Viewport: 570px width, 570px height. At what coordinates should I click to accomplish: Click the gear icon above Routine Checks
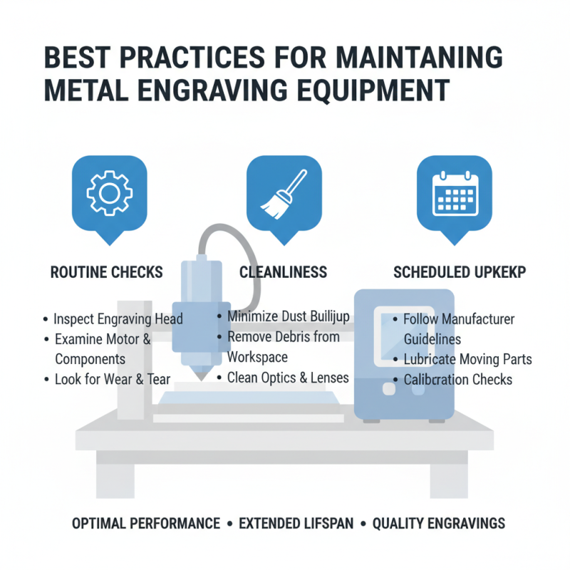click(x=110, y=192)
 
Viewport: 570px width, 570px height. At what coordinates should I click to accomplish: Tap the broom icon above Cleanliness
click(x=283, y=192)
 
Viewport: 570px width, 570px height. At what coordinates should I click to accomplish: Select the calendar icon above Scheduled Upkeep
click(x=455, y=192)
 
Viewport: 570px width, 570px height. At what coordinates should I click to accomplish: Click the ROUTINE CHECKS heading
click(x=107, y=272)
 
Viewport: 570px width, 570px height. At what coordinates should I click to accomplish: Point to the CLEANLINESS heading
click(x=283, y=272)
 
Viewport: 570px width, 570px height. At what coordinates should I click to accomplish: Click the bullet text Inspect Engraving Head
click(x=118, y=319)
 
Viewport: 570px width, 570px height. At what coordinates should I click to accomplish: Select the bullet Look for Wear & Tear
click(x=113, y=379)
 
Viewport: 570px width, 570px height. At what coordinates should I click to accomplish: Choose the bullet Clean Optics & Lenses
click(x=288, y=377)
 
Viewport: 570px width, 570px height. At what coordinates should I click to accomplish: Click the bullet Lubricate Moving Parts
click(x=467, y=359)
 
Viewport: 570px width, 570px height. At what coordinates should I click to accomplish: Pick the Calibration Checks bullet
click(x=457, y=379)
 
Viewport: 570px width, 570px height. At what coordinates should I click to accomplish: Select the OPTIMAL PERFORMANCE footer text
click(x=146, y=524)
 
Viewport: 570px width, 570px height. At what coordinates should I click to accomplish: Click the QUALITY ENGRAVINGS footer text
click(x=439, y=524)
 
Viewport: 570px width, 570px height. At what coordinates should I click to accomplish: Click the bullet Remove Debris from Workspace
click(x=284, y=346)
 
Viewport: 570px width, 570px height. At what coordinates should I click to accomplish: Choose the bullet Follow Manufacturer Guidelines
click(x=459, y=329)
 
